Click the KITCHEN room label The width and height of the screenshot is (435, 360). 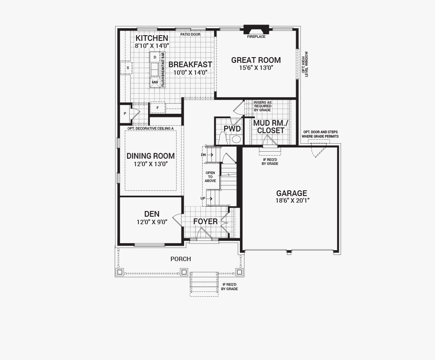click(x=152, y=38)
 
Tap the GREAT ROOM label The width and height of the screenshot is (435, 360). click(x=256, y=60)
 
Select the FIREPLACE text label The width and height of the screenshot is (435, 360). click(x=256, y=36)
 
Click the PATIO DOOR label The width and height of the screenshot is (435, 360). click(x=190, y=34)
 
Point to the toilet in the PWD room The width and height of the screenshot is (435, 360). click(x=223, y=138)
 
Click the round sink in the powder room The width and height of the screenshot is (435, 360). click(x=236, y=139)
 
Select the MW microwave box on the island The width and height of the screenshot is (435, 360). click(x=155, y=82)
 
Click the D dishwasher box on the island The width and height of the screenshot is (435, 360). click(x=155, y=57)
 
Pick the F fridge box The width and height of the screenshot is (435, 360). click(x=158, y=108)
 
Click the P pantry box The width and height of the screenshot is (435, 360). click(x=125, y=113)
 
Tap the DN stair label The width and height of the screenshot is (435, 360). click(x=203, y=155)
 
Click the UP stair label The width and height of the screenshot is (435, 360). click(x=203, y=198)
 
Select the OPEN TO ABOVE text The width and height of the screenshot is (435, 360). click(x=210, y=177)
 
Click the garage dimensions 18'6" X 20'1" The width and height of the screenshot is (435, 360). click(x=292, y=200)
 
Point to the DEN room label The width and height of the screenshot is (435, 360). click(x=152, y=214)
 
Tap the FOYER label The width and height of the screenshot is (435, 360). click(x=205, y=222)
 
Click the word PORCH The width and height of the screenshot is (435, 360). click(x=181, y=259)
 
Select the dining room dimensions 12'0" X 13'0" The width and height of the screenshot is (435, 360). click(x=151, y=164)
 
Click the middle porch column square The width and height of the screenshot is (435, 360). click(x=184, y=272)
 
